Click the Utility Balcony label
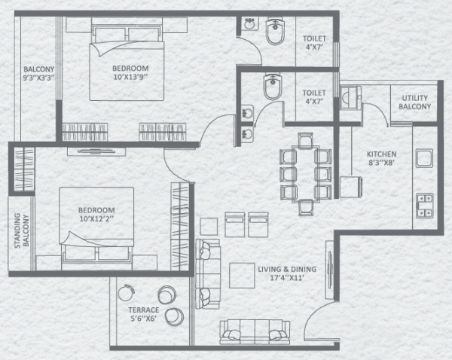click(416, 102)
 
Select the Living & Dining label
click(287, 273)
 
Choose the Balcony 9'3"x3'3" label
click(38, 72)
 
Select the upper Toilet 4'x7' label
click(314, 44)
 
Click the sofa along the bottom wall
click(255, 332)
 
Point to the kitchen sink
click(423, 160)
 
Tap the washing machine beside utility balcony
click(351, 98)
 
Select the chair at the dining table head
click(304, 139)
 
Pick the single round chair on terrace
click(125, 292)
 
